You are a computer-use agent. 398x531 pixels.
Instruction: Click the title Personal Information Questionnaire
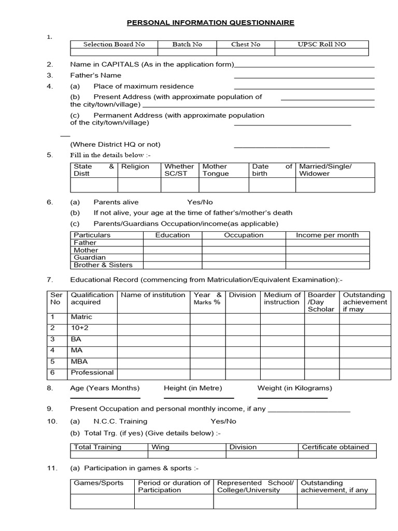coord(210,23)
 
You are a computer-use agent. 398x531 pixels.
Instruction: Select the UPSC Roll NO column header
coord(321,45)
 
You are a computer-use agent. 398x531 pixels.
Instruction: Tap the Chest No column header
coord(246,45)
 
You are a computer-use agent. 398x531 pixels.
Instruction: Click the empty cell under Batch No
coord(187,52)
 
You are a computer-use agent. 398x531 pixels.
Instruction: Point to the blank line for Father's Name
coord(304,77)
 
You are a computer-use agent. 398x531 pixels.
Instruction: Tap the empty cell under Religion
coord(139,185)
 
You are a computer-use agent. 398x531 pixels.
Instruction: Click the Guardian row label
coord(90,258)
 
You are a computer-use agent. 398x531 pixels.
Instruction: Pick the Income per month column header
coord(327,235)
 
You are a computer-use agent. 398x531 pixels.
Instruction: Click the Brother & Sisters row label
coord(103,265)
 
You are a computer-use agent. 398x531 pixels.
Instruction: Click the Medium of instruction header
coord(282,299)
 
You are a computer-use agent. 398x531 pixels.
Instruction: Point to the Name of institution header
coord(153,295)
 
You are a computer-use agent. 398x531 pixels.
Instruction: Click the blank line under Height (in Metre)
coord(198,398)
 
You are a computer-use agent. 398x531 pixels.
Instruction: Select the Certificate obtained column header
coord(335,447)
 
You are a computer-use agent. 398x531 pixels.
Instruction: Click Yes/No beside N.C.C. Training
coord(223,422)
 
